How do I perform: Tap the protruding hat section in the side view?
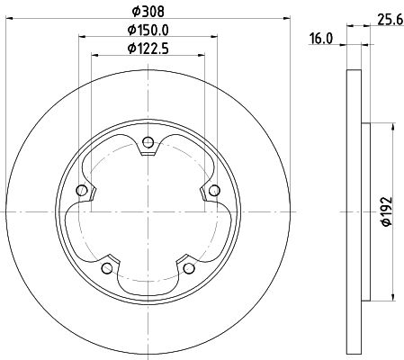coord(364,211)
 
